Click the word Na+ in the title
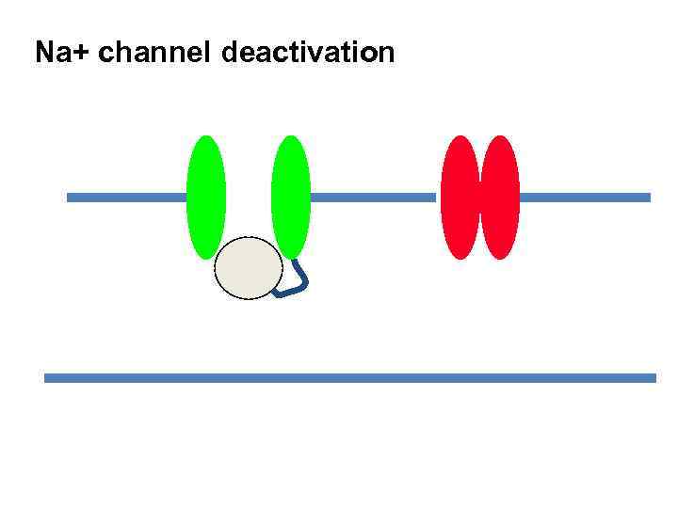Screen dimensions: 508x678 coord(62,53)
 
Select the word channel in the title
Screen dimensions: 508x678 coord(154,53)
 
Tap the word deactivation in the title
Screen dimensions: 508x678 coord(308,53)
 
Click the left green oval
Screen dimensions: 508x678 coord(206,198)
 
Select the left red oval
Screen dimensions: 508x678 coord(460,198)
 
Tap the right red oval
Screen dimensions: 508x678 coord(500,198)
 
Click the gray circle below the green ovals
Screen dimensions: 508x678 coord(249,268)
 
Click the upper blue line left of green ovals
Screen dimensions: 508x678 coord(126,198)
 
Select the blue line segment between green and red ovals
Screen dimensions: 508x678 coord(375,198)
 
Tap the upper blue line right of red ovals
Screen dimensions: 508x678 coord(584,198)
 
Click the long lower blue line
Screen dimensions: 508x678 coord(349,378)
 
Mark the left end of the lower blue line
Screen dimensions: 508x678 coord(47,378)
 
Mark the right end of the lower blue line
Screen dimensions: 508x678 coord(653,378)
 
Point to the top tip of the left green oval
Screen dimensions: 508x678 coord(206,138)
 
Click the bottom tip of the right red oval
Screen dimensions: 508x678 coord(500,257)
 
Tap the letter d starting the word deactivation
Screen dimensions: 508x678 coord(231,53)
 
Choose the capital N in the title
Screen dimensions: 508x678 coord(44,53)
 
